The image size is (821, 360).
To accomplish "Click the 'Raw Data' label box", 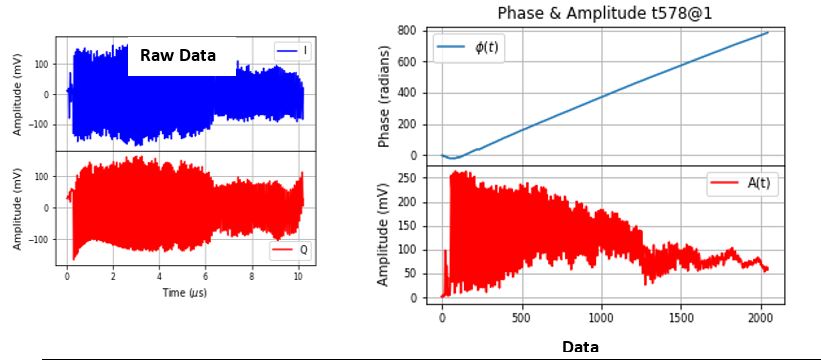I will [181, 56].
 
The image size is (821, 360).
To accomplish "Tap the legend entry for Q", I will [292, 249].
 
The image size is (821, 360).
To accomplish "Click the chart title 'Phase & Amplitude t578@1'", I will [597, 12].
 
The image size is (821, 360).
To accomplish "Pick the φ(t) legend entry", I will [468, 47].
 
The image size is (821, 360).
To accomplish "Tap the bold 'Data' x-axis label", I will [580, 346].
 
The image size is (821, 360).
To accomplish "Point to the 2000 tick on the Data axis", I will [758, 318].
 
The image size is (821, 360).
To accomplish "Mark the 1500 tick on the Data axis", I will [679, 318].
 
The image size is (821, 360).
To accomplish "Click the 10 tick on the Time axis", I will [298, 274].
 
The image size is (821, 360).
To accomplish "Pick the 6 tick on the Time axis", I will [206, 274].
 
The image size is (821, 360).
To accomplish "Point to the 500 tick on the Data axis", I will [521, 318].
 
